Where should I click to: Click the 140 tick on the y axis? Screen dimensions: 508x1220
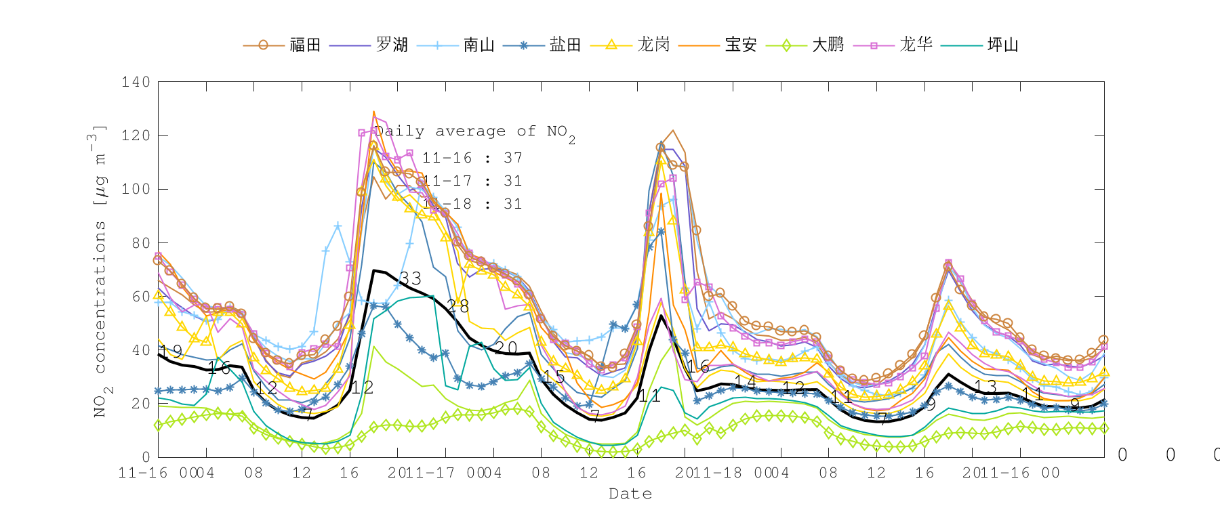[136, 82]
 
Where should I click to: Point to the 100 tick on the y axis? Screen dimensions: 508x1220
[136, 189]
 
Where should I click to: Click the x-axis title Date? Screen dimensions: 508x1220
[630, 494]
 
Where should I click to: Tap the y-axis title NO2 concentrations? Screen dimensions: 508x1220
[100, 271]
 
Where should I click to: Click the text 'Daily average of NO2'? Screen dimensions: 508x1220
[474, 132]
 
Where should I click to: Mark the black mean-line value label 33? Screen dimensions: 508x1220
[410, 278]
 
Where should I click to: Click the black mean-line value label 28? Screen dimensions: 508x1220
[457, 306]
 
